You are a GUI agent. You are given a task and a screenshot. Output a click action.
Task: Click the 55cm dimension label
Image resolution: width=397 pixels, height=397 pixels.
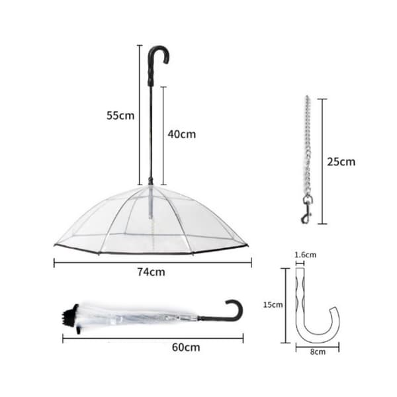pyautogui.click(x=120, y=115)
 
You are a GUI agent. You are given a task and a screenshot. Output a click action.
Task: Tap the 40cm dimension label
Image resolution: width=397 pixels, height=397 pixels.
pyautogui.click(x=182, y=134)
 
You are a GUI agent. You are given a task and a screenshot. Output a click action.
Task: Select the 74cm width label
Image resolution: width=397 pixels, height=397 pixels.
pyautogui.click(x=151, y=272)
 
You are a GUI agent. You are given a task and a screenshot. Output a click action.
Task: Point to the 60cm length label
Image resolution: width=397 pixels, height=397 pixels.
pyautogui.click(x=186, y=347)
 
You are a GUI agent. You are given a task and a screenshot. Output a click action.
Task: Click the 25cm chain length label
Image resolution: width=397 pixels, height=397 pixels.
pyautogui.click(x=341, y=161)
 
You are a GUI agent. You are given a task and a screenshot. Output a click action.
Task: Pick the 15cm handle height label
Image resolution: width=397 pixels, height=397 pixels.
pyautogui.click(x=273, y=304)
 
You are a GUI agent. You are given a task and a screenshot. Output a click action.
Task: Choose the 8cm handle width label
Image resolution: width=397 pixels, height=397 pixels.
pyautogui.click(x=318, y=352)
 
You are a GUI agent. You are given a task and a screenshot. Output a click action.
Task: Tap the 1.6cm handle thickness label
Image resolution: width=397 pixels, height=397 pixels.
pyautogui.click(x=305, y=255)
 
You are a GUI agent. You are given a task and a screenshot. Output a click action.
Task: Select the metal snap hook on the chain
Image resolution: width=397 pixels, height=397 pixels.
pyautogui.click(x=306, y=209)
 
